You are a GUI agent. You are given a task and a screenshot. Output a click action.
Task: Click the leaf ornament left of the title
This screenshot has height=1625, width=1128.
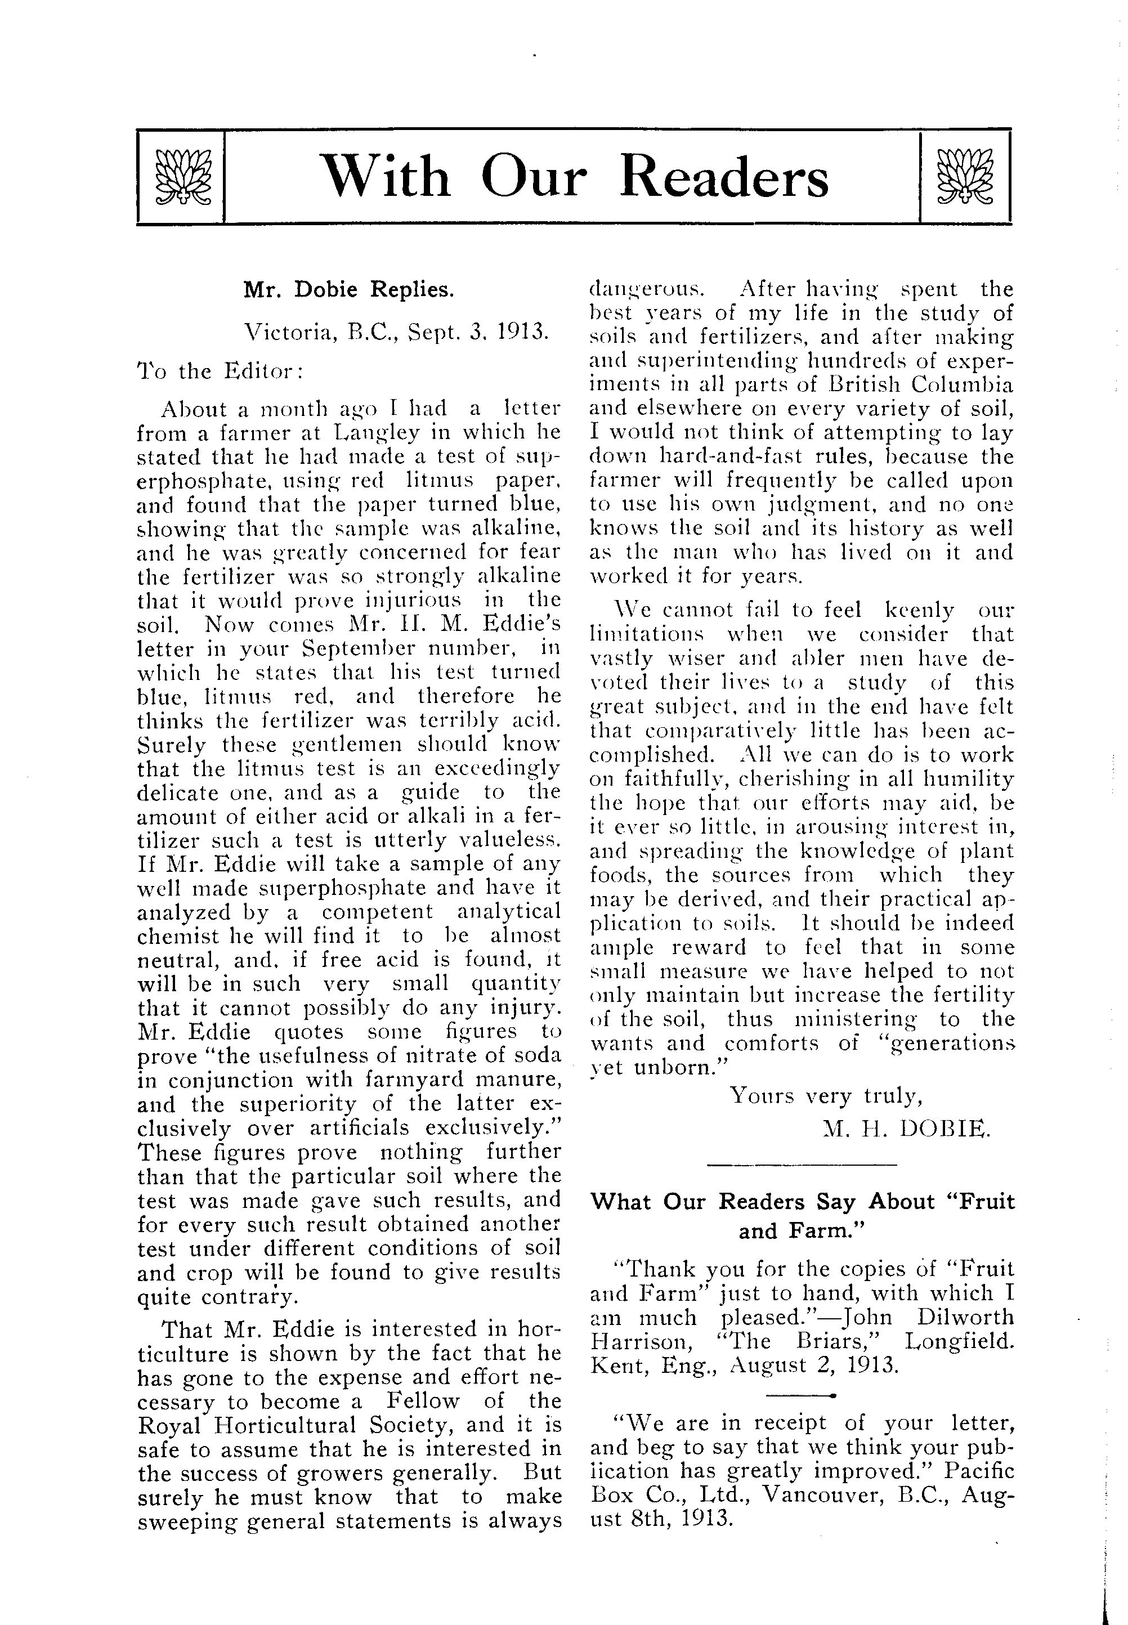click(x=183, y=177)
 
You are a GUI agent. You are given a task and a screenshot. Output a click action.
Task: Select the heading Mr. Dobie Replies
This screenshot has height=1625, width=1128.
click(x=348, y=289)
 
